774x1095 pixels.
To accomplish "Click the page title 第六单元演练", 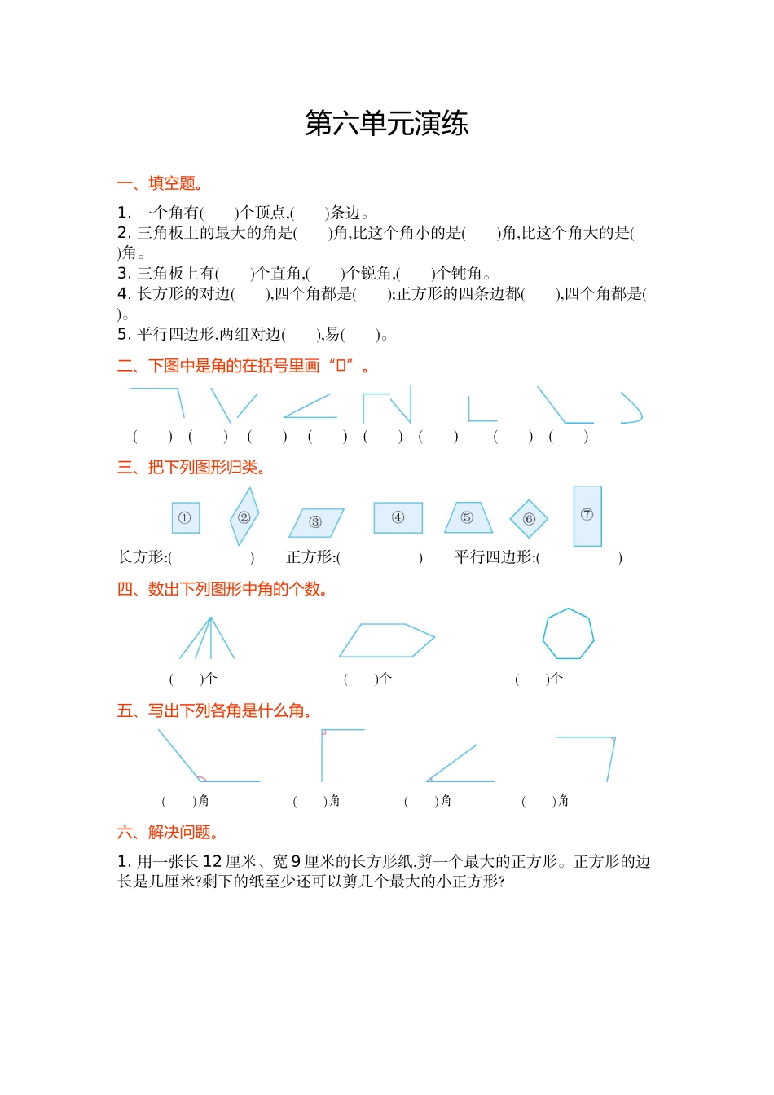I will click(x=386, y=124).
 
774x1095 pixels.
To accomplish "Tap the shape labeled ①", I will click(x=185, y=518).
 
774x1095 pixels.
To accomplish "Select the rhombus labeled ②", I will click(x=244, y=517).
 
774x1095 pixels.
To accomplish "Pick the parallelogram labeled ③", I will click(x=316, y=522).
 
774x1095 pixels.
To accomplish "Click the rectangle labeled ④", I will click(x=398, y=517).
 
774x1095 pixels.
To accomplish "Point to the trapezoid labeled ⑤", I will click(x=468, y=518).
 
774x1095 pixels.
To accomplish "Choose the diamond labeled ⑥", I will click(x=529, y=519).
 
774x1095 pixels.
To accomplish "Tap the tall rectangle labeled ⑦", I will click(x=587, y=516).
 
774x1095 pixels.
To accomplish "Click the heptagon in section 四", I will click(x=568, y=634).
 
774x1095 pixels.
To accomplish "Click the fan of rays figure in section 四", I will click(x=208, y=639).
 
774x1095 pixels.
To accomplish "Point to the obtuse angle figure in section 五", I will click(x=204, y=758).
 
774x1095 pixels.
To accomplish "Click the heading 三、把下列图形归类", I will click(x=191, y=468).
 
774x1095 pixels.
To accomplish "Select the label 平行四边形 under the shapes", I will click(x=494, y=557).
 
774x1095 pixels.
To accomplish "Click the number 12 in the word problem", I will click(x=212, y=861).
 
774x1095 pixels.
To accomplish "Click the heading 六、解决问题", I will click(x=168, y=832).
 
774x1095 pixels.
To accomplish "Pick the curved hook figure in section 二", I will click(x=631, y=408).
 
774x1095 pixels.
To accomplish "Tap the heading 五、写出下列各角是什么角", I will click(x=215, y=710).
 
